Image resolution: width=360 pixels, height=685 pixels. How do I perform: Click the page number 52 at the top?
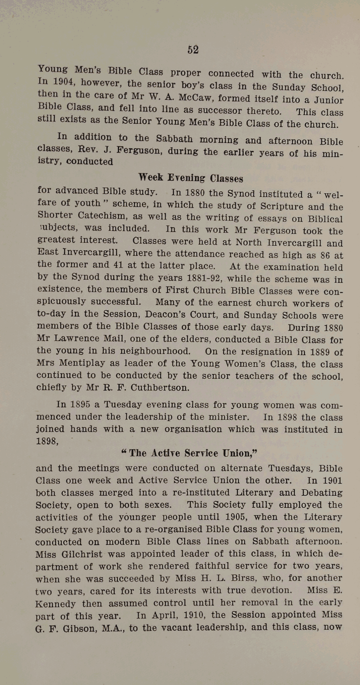(x=193, y=50)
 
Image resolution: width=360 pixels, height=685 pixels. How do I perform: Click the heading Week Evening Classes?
(x=191, y=178)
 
